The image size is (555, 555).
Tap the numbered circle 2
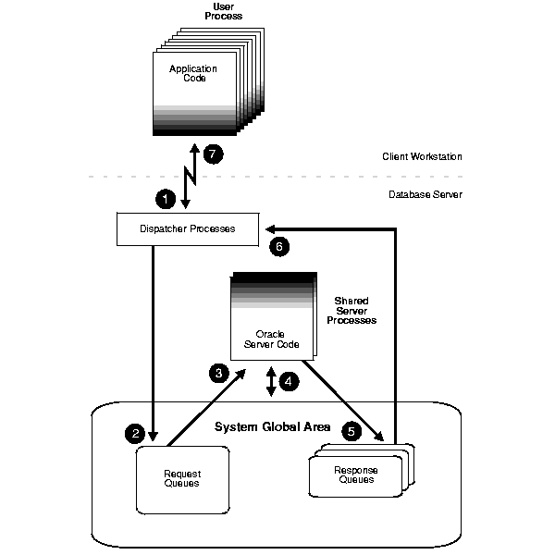click(x=135, y=432)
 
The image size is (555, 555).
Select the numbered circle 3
click(x=219, y=373)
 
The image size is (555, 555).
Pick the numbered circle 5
click(x=351, y=430)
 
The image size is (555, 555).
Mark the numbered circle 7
click(x=214, y=154)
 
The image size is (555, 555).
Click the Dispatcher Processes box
click(x=187, y=228)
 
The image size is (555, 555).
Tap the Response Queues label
click(x=355, y=475)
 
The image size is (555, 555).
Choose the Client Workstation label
click(x=422, y=157)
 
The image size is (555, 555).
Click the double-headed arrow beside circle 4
click(x=270, y=381)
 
